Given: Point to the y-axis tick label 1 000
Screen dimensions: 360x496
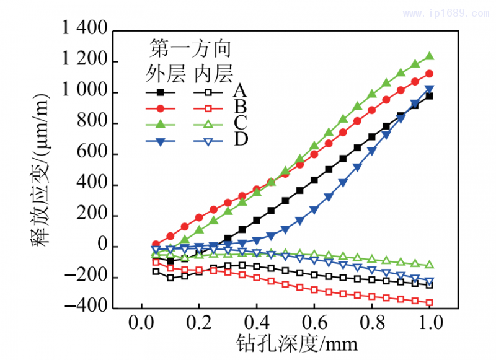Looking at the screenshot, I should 89,92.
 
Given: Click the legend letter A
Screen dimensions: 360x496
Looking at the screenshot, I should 241,91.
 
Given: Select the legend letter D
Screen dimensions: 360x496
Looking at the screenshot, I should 241,139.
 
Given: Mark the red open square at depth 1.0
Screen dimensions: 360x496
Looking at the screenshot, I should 429,302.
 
